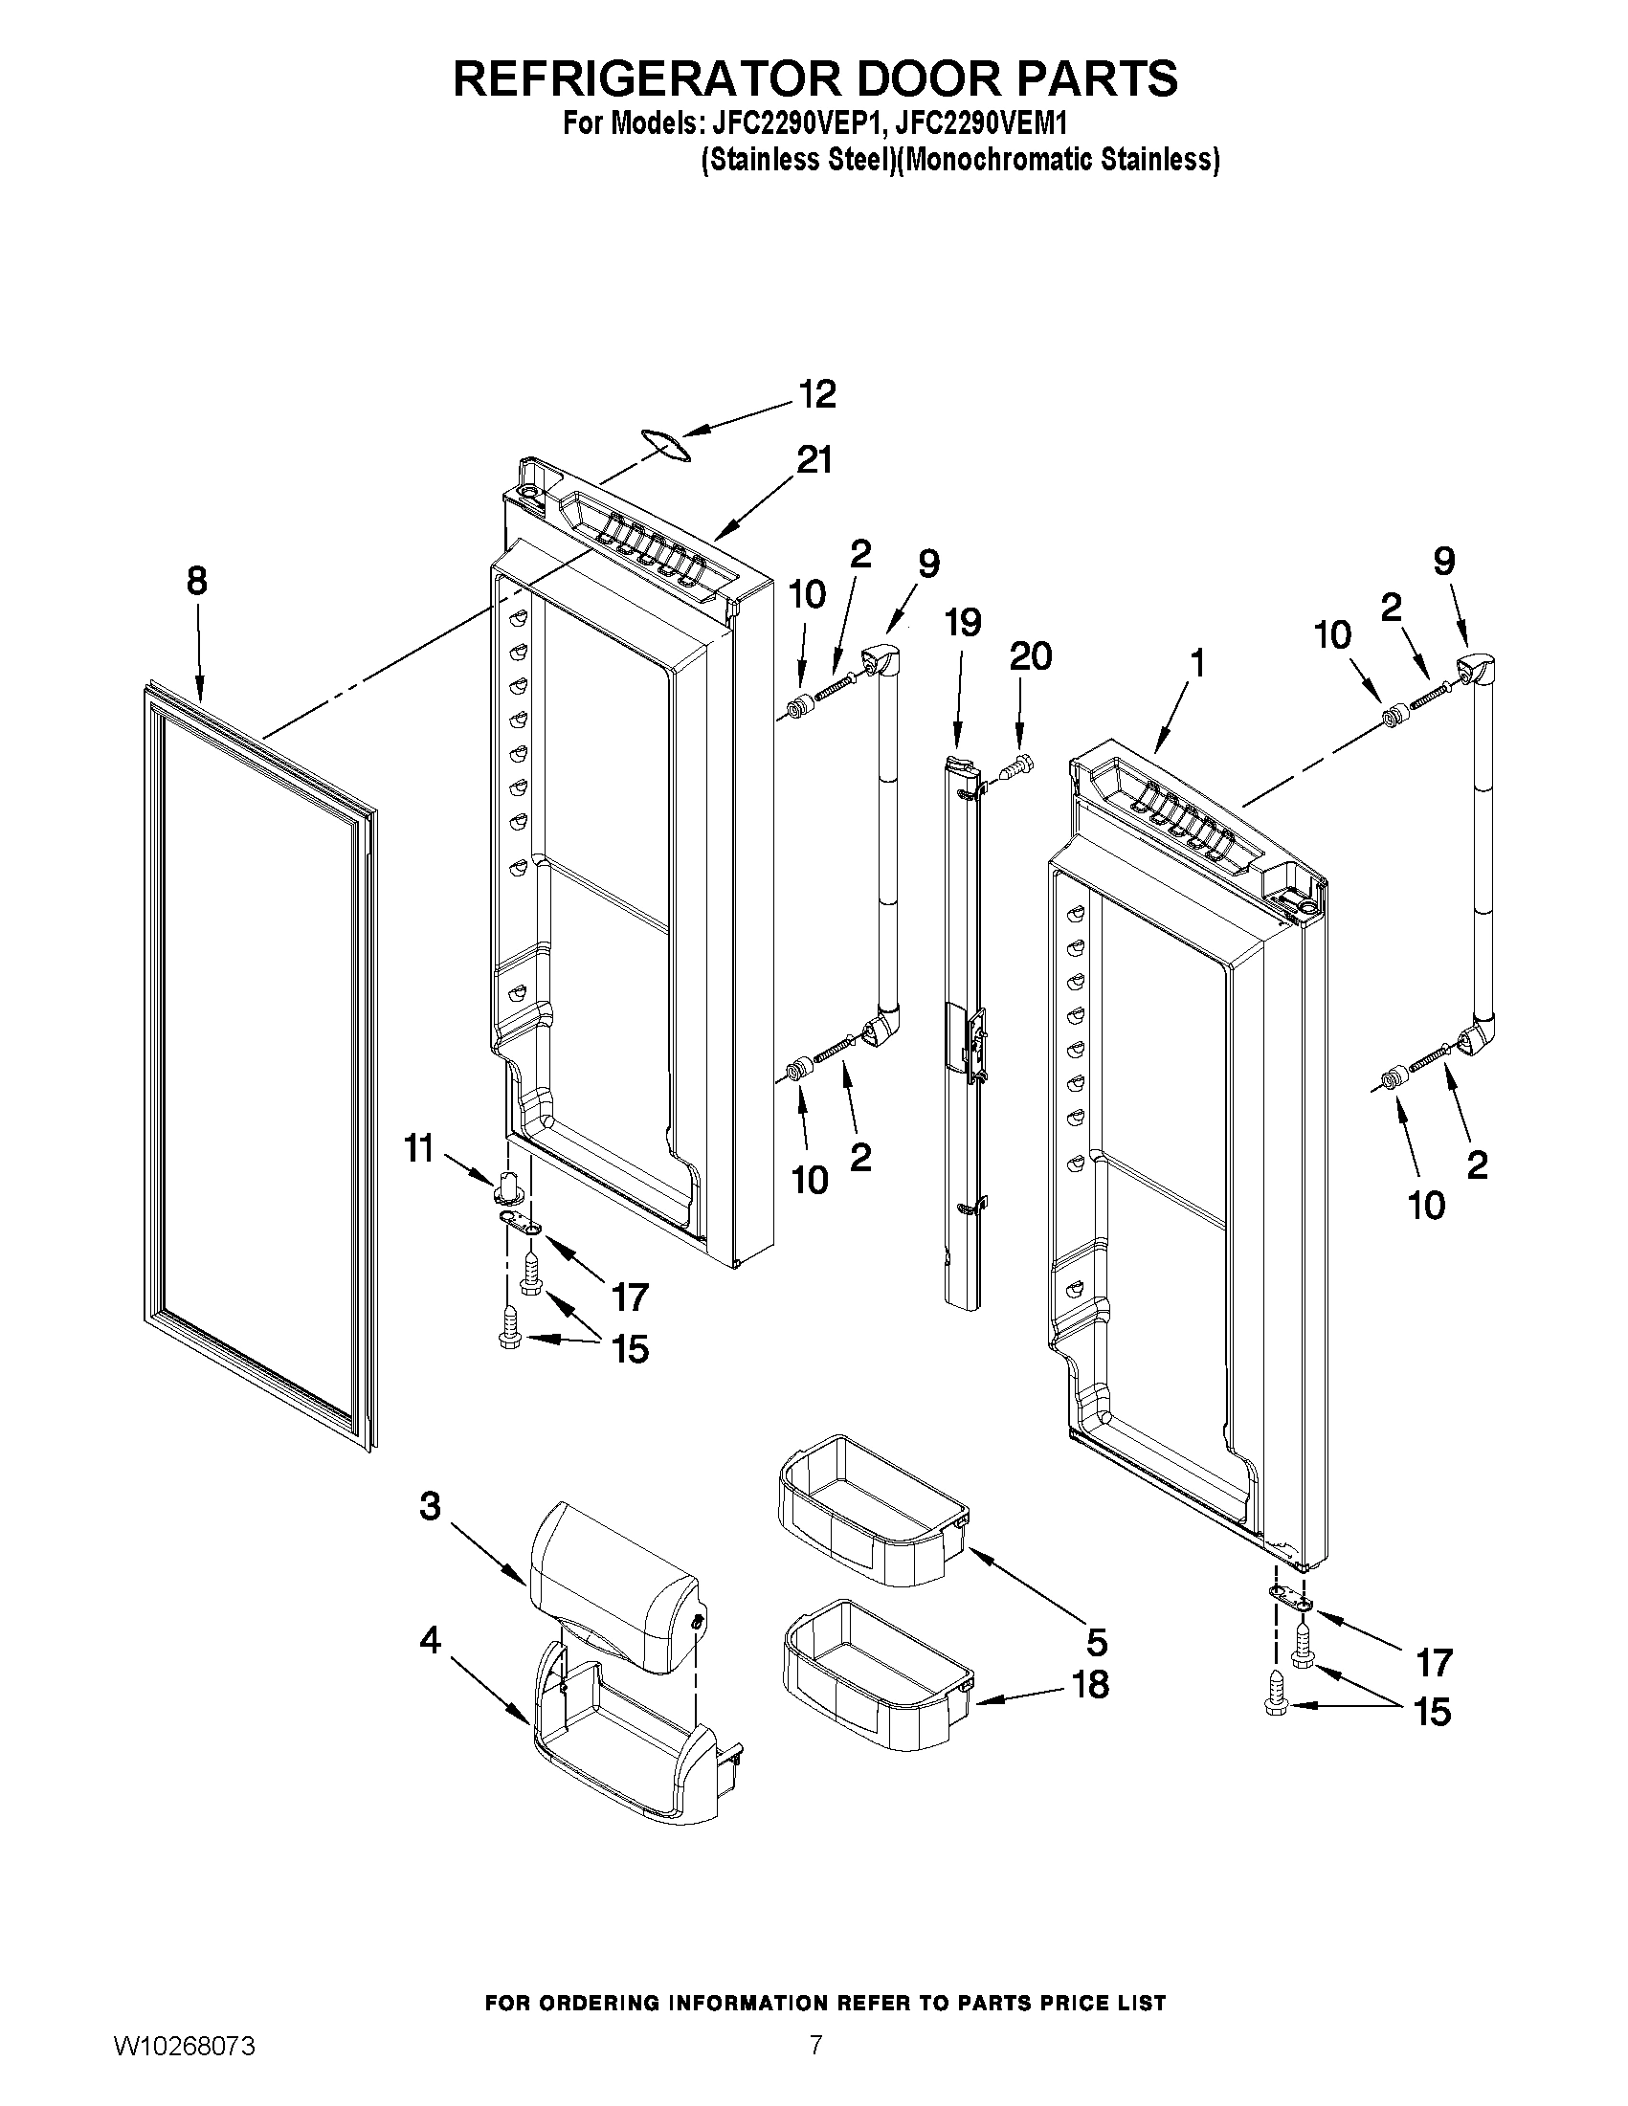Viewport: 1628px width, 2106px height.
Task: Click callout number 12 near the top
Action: [x=817, y=395]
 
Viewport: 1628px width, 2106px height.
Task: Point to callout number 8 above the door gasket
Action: [x=196, y=581]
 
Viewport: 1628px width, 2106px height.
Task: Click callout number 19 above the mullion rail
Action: [x=963, y=622]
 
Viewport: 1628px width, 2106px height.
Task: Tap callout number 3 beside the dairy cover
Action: [x=430, y=1505]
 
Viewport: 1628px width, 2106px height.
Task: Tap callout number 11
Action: [x=417, y=1149]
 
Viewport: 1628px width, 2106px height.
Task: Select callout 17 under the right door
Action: [x=1433, y=1661]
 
